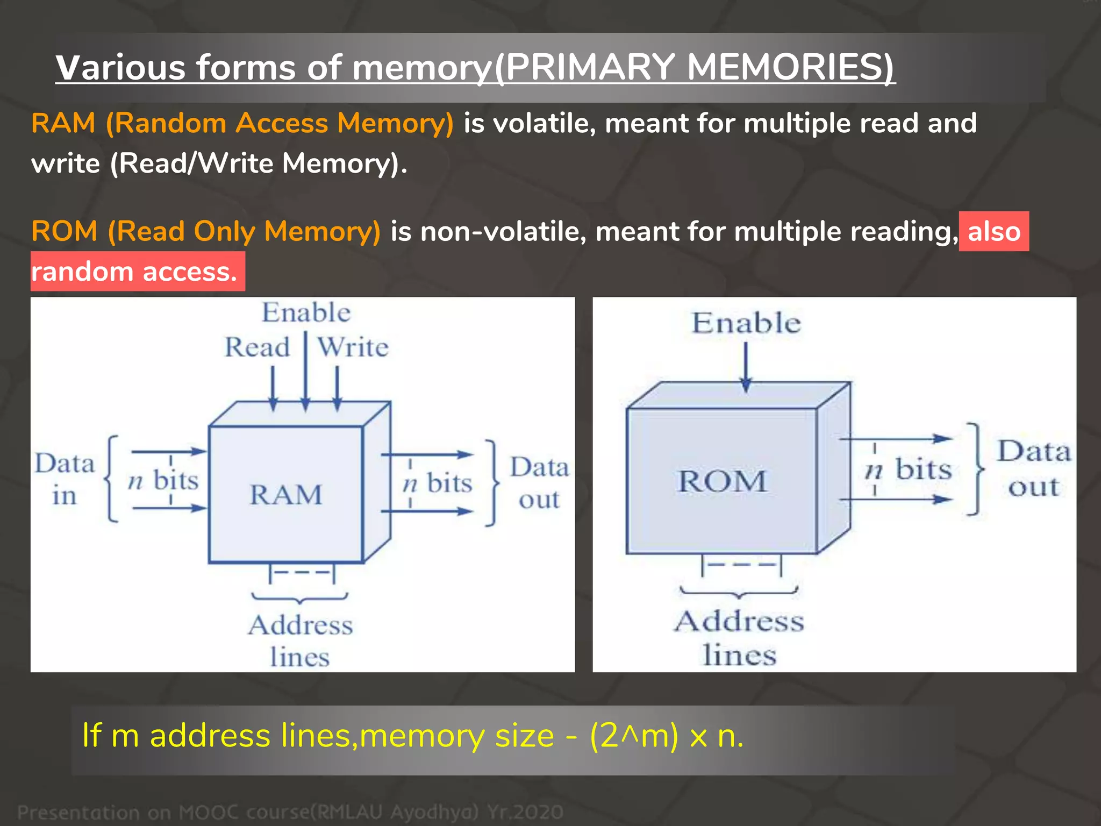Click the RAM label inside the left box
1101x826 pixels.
[x=285, y=495]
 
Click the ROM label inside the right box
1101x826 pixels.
[x=721, y=481]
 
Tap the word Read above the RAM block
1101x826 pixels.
[x=257, y=347]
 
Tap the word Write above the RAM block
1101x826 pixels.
[x=353, y=347]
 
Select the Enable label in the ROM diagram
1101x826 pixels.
[x=746, y=323]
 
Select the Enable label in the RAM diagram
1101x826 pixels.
[x=306, y=313]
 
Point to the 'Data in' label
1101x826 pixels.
[x=65, y=479]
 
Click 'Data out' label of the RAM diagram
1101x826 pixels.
[x=539, y=483]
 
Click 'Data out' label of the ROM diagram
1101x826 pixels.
[x=1034, y=468]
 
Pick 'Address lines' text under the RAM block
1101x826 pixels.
[x=300, y=641]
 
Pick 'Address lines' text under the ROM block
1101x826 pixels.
[x=739, y=638]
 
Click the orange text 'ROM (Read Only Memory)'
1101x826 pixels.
[x=206, y=231]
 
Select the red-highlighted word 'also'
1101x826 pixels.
[x=993, y=232]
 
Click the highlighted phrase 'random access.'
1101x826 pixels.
[x=134, y=272]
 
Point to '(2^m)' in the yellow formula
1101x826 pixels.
[x=634, y=736]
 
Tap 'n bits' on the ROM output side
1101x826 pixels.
[x=909, y=469]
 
